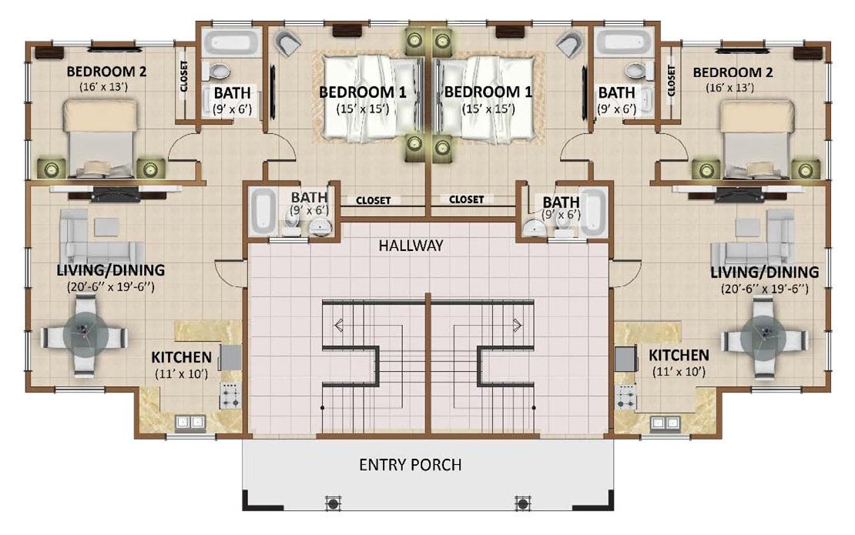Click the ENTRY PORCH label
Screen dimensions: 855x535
(411, 465)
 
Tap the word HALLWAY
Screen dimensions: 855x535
(411, 246)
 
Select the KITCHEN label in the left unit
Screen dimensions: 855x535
(181, 357)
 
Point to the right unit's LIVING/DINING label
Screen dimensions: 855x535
(764, 272)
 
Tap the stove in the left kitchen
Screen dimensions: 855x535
(230, 396)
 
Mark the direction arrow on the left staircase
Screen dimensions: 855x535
(339, 326)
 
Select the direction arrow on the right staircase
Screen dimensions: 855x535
(517, 326)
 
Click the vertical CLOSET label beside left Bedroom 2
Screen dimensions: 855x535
(184, 75)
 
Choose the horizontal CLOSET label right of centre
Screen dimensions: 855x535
(466, 200)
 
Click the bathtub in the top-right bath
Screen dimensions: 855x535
(624, 42)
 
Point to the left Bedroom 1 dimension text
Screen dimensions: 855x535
(363, 109)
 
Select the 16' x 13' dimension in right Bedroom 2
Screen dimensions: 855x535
(729, 88)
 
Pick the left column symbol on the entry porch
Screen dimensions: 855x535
(333, 503)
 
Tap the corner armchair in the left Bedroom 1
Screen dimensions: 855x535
(287, 42)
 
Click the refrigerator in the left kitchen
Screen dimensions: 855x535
(230, 357)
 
